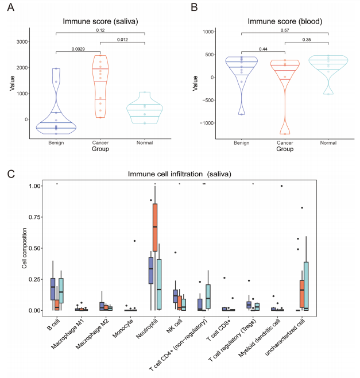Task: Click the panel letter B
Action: pos(193,8)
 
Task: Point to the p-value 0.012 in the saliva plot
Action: pos(122,40)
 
